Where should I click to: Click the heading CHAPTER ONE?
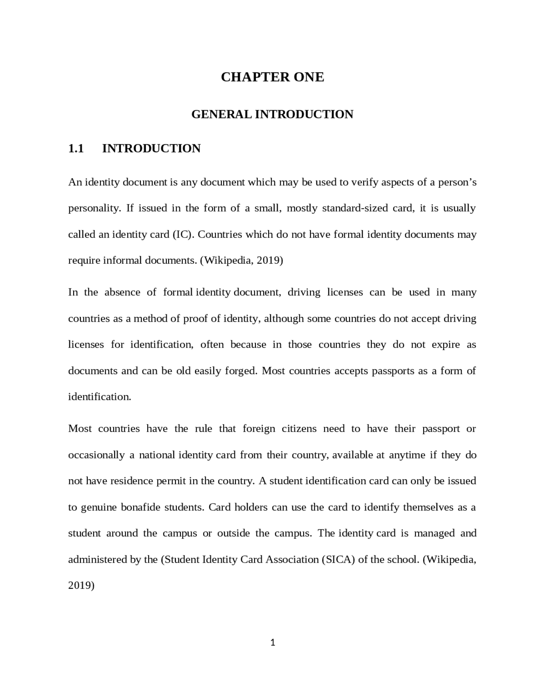pyautogui.click(x=272, y=77)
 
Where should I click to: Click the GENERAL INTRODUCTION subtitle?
pyautogui.click(x=272, y=114)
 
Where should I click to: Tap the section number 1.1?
pyautogui.click(x=76, y=148)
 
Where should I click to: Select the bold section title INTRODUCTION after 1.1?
pyautogui.click(x=151, y=148)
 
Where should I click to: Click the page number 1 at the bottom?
pyautogui.click(x=272, y=643)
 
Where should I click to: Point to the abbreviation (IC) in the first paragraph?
pyautogui.click(x=183, y=234)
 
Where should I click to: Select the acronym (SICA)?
pyautogui.click(x=338, y=559)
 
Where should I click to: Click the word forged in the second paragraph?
pyautogui.click(x=241, y=371)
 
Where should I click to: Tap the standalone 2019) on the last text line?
pyautogui.click(x=81, y=585)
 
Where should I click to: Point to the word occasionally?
pyautogui.click(x=96, y=455)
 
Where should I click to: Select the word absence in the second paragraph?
pyautogui.click(x=122, y=292)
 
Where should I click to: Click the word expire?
pyautogui.click(x=446, y=345)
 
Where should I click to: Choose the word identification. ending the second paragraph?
pyautogui.click(x=100, y=397)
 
